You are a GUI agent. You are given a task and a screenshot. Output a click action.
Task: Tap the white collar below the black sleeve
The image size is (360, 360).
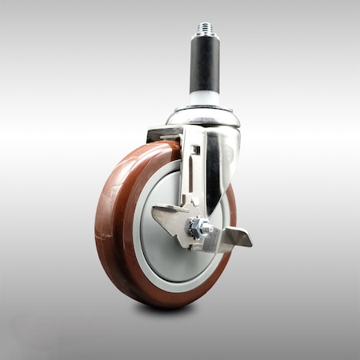tap(206, 98)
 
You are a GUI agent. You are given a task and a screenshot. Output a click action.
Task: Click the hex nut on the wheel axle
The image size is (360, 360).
tap(195, 228)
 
